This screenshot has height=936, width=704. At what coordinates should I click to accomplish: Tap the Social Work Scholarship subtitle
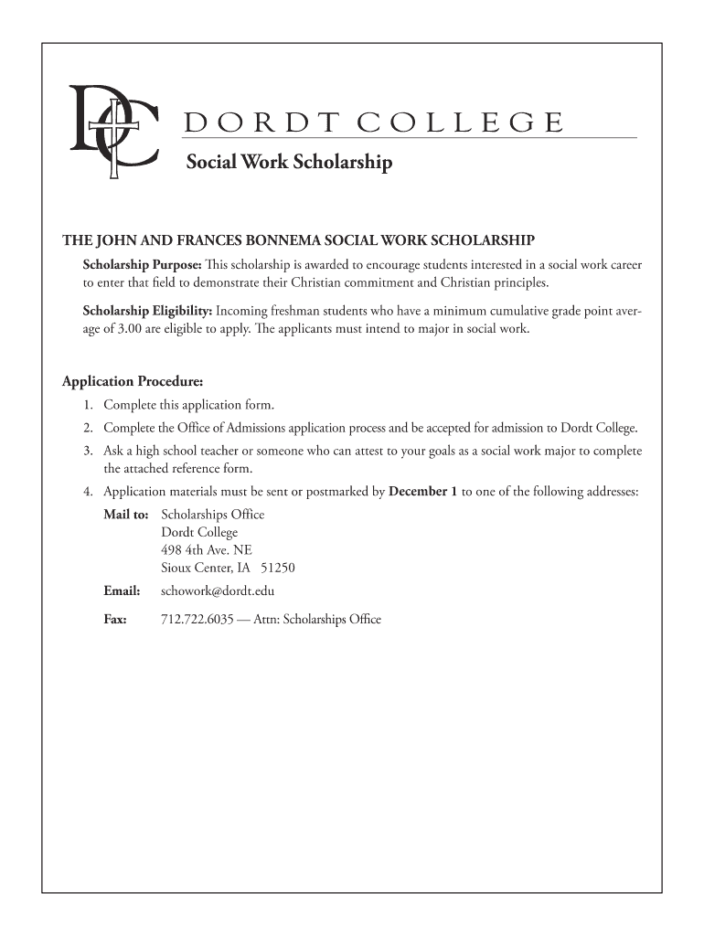point(289,164)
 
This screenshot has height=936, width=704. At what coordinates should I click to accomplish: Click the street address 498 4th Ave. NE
point(207,550)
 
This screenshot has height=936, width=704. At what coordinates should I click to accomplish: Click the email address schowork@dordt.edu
point(218,591)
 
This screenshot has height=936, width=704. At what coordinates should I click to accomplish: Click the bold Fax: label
point(115,620)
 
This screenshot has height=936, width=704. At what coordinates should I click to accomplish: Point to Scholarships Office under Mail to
point(212,515)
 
